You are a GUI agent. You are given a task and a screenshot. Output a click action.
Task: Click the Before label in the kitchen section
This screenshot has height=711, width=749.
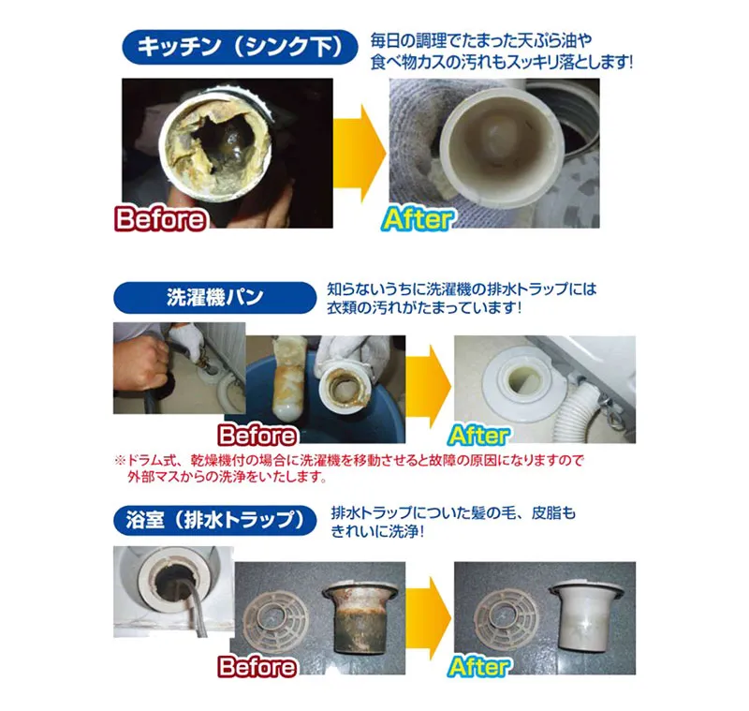tap(160, 219)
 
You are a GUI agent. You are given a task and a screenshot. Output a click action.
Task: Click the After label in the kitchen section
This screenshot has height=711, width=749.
tap(419, 219)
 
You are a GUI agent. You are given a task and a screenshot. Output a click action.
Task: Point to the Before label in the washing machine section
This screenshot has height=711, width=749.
tap(257, 436)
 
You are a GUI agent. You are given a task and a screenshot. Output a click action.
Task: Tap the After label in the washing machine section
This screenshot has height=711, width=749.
tap(478, 436)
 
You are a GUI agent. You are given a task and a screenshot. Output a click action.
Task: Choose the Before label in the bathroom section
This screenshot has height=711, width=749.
tap(257, 667)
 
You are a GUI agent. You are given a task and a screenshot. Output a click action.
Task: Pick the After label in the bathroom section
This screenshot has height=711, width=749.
tap(478, 667)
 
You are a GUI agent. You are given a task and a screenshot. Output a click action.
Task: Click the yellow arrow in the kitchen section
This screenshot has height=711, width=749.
tap(360, 150)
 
